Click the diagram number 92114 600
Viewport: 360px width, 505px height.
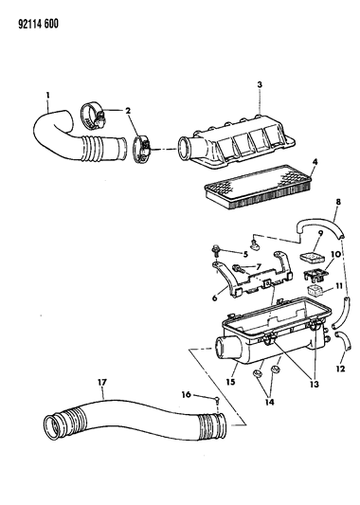tap(39, 24)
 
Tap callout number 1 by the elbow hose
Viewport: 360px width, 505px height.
tap(48, 95)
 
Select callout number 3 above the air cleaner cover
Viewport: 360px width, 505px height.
tap(260, 84)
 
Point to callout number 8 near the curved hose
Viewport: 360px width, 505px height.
tap(338, 202)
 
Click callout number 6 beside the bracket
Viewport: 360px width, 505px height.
tap(214, 298)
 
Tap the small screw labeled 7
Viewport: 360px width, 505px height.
tap(237, 268)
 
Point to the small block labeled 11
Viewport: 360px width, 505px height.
tap(315, 290)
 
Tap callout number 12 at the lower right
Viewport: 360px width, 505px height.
tap(340, 369)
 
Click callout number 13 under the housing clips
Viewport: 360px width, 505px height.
tap(315, 384)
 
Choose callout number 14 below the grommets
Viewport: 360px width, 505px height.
tap(269, 402)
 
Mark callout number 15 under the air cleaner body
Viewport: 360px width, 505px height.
tap(230, 382)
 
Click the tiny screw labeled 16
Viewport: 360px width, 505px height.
tap(218, 402)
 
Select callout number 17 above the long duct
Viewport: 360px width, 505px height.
tap(102, 382)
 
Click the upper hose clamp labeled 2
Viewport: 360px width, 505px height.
tap(93, 115)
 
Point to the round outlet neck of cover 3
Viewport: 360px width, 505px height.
tap(186, 149)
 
